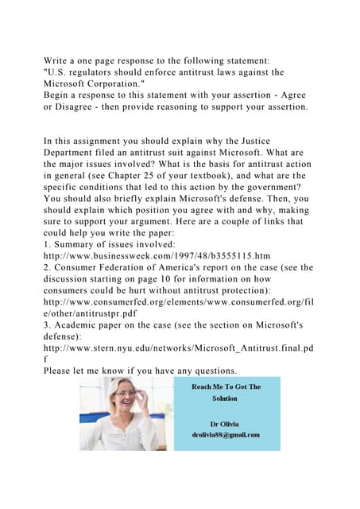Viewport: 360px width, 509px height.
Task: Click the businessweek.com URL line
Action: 157,256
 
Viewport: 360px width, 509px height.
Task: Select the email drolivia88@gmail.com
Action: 226,434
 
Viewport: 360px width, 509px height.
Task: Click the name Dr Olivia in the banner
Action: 226,424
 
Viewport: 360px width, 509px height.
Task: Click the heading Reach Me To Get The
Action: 226,387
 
